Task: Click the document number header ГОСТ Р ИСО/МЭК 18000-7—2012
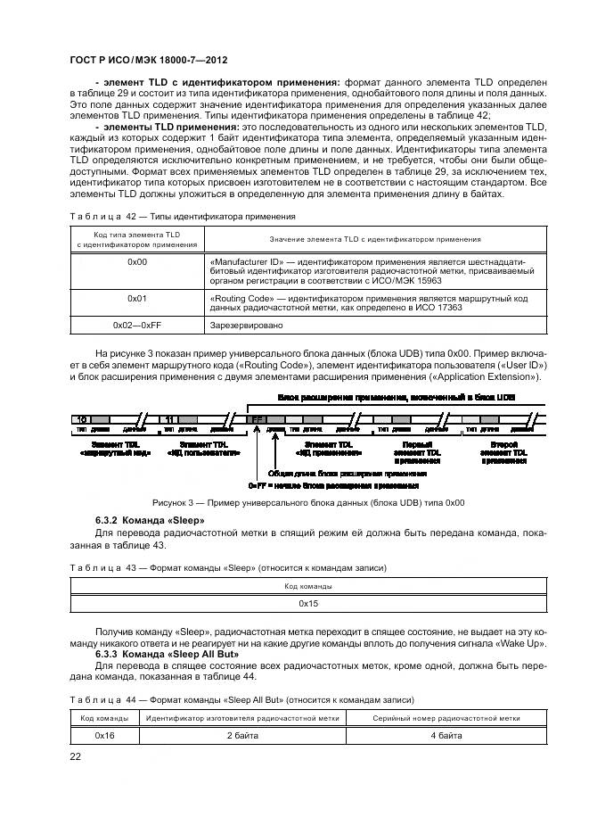[148, 60]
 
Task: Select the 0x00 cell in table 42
[137, 261]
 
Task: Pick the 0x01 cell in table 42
[137, 298]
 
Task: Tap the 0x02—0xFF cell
[137, 326]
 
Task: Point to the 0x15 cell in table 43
[308, 604]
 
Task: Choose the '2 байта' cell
[241, 736]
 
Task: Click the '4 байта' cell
[446, 736]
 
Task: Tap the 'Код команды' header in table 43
[308, 586]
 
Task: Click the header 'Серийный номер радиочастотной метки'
[446, 718]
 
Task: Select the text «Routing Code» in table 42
[240, 298]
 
